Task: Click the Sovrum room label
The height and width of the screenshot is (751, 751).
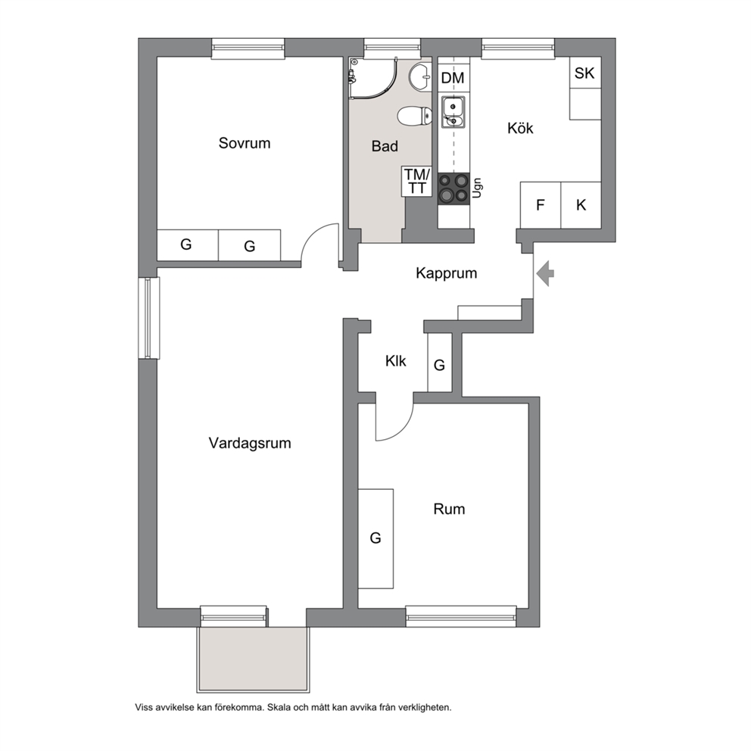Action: tap(245, 143)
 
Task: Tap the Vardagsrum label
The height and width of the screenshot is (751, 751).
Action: tap(250, 443)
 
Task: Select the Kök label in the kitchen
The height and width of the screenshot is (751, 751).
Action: tap(520, 128)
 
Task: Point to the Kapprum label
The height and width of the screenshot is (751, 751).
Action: tap(447, 273)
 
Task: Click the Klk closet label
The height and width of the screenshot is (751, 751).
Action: tap(396, 360)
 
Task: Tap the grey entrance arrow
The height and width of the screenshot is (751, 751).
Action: tap(545, 274)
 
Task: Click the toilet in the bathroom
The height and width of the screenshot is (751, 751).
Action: tap(414, 116)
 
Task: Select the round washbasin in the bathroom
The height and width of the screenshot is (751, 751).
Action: tap(420, 76)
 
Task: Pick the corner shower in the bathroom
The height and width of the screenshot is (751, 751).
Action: tap(373, 78)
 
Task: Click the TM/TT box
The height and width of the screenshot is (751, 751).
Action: tap(416, 181)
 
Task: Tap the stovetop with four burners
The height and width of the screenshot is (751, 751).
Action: tap(453, 189)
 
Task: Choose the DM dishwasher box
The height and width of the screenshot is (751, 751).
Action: tap(453, 77)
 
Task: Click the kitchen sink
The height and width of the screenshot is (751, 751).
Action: tap(453, 111)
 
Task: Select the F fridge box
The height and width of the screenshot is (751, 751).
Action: tap(541, 205)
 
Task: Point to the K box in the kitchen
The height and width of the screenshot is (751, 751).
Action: tap(581, 205)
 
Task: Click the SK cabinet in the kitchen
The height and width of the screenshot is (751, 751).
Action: tap(585, 73)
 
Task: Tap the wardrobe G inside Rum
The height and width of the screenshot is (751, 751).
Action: tap(376, 538)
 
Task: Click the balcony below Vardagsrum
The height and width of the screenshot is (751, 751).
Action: tap(253, 659)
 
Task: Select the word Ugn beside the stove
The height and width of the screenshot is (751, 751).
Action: tap(476, 189)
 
